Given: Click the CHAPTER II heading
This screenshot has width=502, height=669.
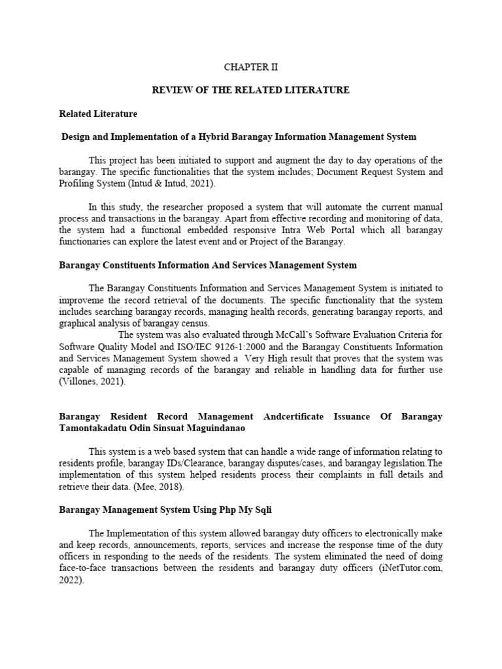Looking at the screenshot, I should pos(251,67).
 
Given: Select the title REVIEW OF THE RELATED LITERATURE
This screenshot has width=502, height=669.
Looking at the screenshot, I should pos(251,90).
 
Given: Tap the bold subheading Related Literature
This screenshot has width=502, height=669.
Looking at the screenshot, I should pos(98,114).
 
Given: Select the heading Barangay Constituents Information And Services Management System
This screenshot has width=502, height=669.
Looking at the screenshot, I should pos(209,265).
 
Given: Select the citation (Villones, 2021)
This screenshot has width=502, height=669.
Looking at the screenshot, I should pos(92,381).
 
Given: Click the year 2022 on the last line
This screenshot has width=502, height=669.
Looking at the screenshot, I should pos(70,579).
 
